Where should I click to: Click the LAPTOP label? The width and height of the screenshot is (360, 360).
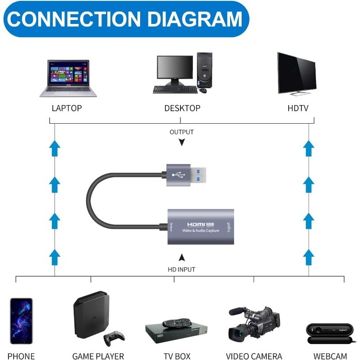point(67,108)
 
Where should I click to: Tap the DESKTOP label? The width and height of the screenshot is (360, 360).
point(182,108)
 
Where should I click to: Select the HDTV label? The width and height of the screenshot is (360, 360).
point(297,108)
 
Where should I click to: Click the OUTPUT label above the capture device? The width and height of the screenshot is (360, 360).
point(181,132)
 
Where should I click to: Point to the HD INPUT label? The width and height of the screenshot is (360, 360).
point(181,269)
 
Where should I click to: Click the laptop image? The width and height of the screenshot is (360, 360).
point(68,78)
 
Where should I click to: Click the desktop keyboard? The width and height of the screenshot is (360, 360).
point(175,89)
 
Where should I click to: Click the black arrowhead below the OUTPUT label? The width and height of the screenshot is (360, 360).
point(181,142)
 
